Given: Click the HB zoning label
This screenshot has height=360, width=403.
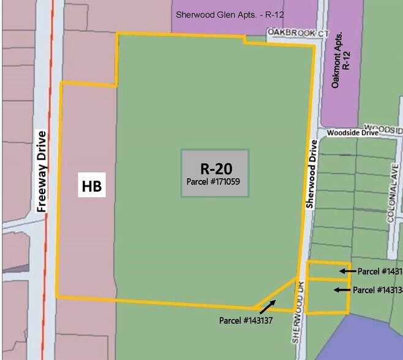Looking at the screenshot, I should pos(92,185).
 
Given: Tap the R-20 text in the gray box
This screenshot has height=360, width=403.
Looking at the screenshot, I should pos(216,169).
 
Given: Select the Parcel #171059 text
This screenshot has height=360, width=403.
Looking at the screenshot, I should pos(215,182).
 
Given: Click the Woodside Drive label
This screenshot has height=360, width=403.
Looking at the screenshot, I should pos(353,132).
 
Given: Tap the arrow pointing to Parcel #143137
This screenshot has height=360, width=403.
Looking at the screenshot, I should pos(267,307).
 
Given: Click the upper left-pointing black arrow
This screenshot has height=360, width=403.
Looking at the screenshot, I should pos(347,271).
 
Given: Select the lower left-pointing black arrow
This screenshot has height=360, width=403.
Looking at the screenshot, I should pos(342,290).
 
